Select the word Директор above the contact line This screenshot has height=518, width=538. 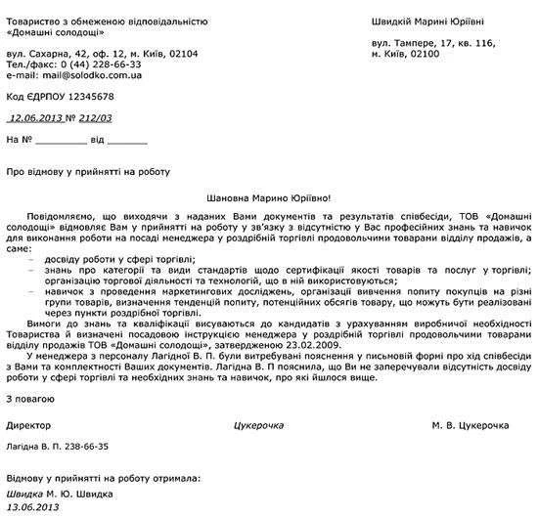(x=29, y=427)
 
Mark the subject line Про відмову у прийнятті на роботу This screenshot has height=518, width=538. (x=88, y=171)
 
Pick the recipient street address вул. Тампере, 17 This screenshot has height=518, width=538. (x=422, y=44)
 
